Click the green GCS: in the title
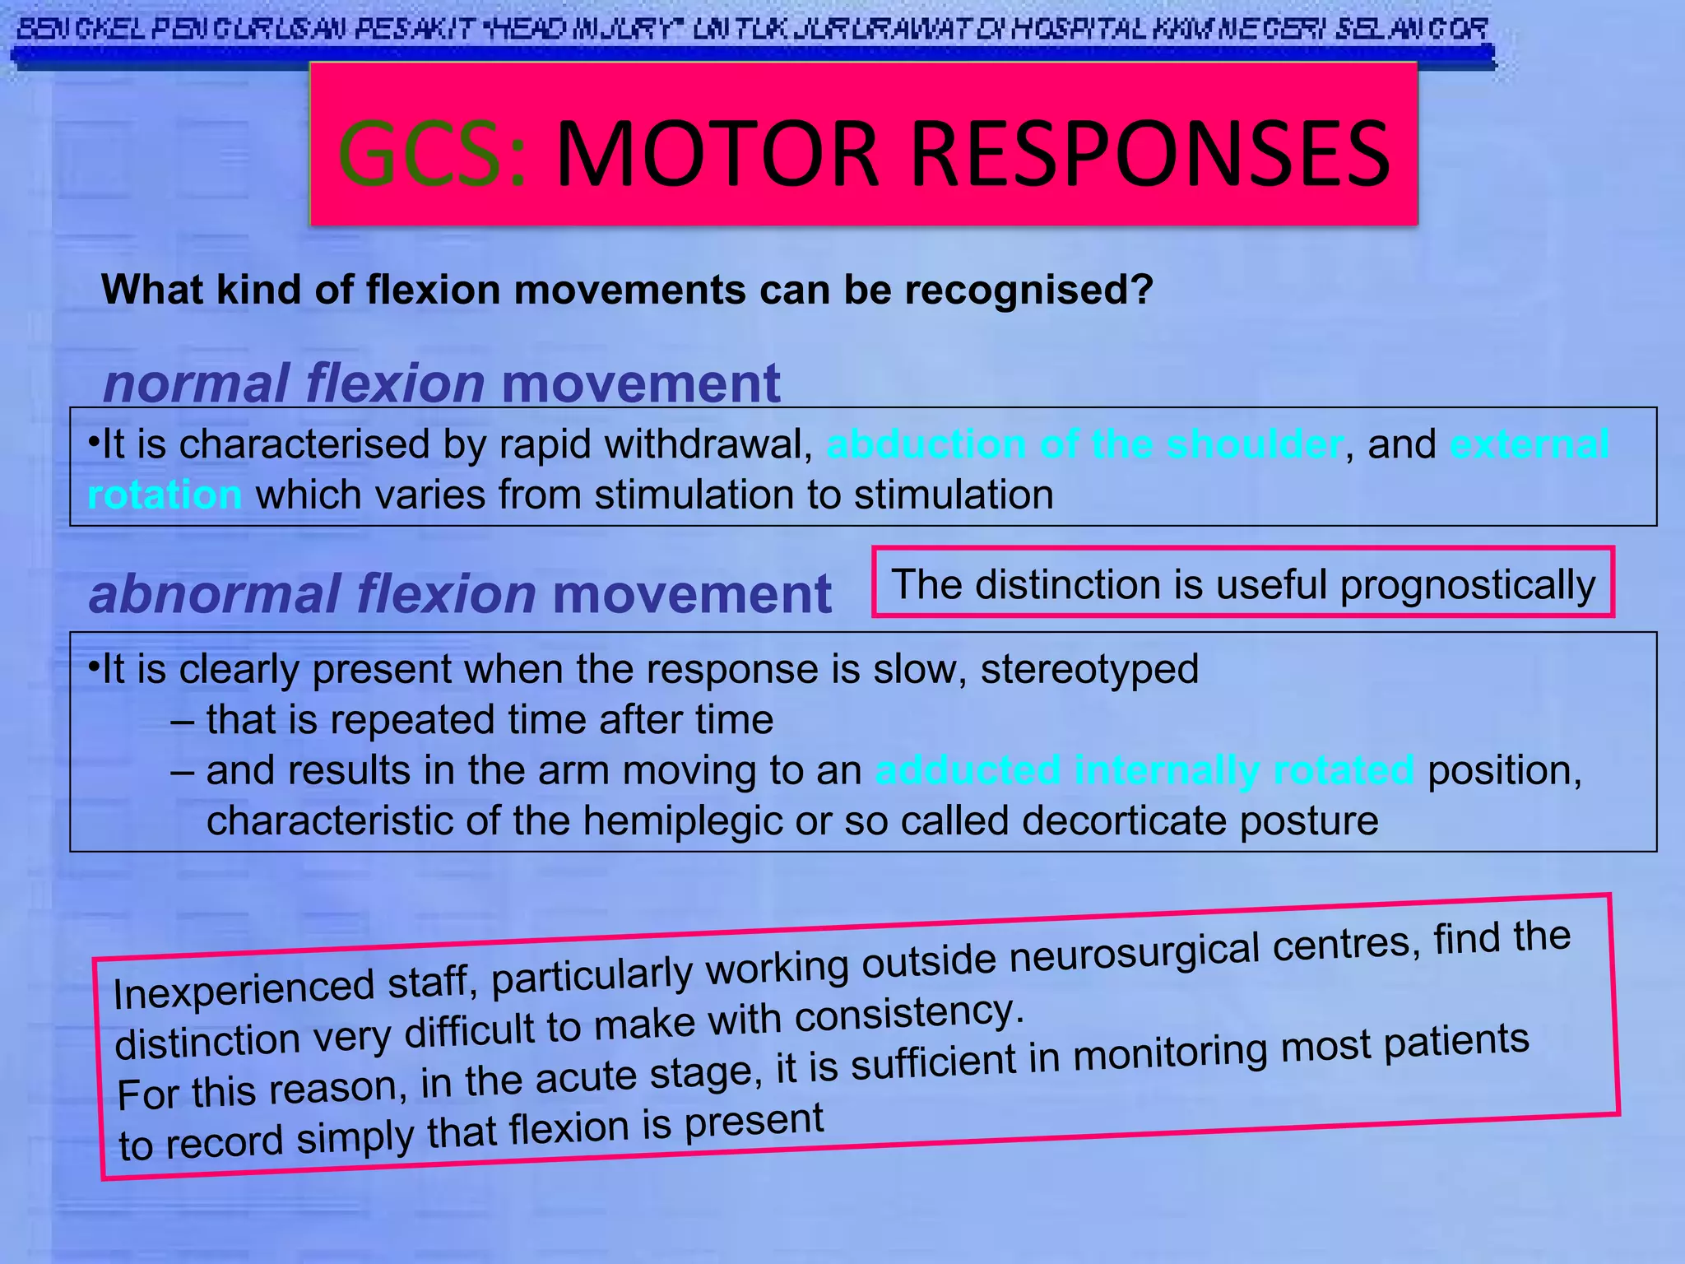pyautogui.click(x=431, y=153)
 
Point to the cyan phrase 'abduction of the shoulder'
pyautogui.click(x=1084, y=444)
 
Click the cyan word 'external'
pyautogui.click(x=1529, y=444)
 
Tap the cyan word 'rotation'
pyautogui.click(x=165, y=495)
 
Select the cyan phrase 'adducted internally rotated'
pyautogui.click(x=1144, y=770)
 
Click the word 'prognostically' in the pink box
pyautogui.click(x=1468, y=585)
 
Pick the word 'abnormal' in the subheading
pyautogui.click(x=214, y=594)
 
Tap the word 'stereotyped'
pyautogui.click(x=1089, y=669)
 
